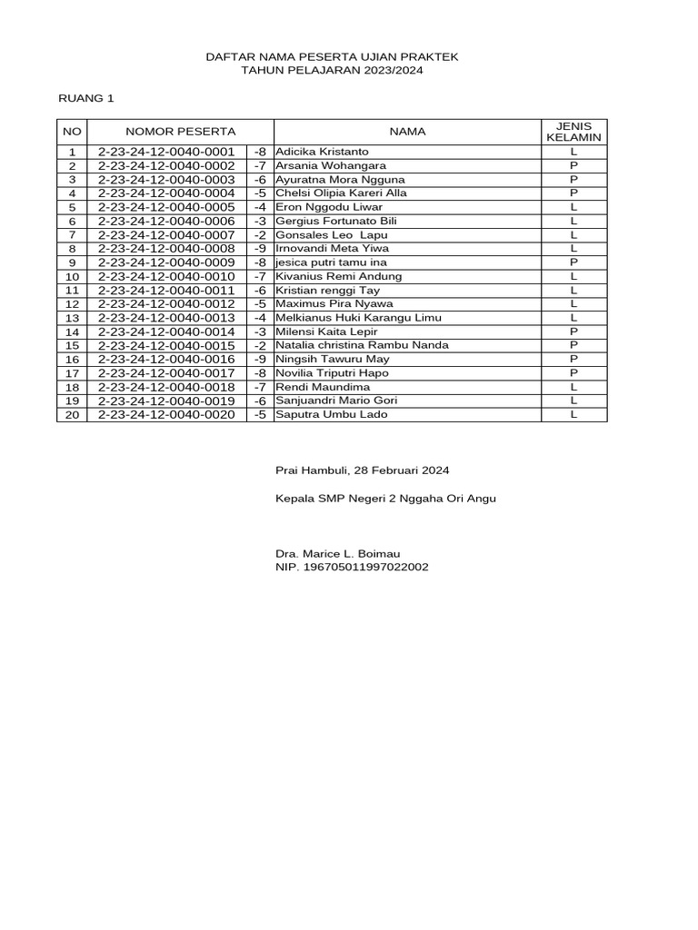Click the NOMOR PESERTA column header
(181, 132)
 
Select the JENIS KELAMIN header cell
(573, 132)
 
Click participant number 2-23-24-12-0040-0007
(166, 234)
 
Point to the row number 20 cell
(73, 415)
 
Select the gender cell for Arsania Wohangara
(573, 165)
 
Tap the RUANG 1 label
(86, 97)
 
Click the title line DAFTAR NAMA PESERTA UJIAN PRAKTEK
(333, 57)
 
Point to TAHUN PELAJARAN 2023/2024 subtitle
(333, 70)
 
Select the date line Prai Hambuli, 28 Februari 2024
(362, 470)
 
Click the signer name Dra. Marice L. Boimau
(337, 554)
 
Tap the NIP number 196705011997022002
(352, 568)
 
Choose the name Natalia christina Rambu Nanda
(362, 345)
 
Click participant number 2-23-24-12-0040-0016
(166, 359)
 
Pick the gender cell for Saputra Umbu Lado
(573, 415)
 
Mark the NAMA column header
(407, 132)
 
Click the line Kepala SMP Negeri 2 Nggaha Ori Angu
(385, 499)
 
